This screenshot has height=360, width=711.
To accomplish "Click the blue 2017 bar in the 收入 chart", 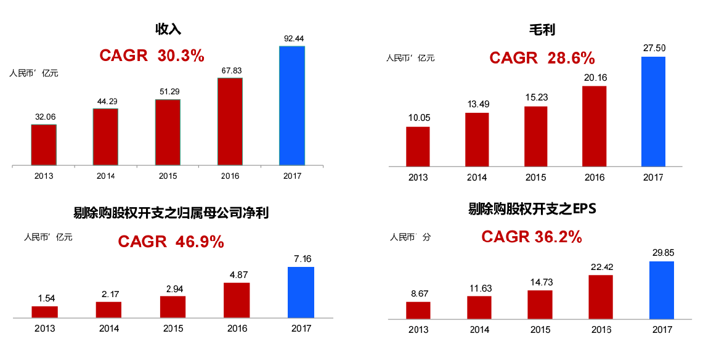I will (x=291, y=106).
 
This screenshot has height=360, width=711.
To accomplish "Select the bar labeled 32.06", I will (x=44, y=145).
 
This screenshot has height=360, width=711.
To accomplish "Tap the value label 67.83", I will (x=230, y=70).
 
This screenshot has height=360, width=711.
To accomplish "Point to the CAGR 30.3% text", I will (x=152, y=55).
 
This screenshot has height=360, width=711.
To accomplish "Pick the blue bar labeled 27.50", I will (x=653, y=112).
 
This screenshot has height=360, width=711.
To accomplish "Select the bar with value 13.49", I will (x=477, y=140).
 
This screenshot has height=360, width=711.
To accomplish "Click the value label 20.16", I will (x=594, y=77).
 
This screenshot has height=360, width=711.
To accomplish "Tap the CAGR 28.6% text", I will (x=542, y=58).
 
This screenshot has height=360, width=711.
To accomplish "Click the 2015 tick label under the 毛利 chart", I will (x=535, y=178).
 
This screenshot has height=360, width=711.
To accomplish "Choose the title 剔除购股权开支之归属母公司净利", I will (x=171, y=213).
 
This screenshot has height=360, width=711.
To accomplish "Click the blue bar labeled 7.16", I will (x=301, y=292).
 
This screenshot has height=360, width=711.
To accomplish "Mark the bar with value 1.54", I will (x=44, y=312).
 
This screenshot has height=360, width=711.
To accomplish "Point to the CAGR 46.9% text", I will (x=171, y=242).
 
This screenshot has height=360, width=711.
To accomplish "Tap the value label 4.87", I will (x=237, y=274).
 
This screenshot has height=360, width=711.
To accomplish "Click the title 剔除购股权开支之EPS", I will (x=532, y=209).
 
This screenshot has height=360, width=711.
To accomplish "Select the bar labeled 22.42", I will (x=601, y=297).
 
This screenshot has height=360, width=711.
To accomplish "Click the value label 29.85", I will (x=662, y=252).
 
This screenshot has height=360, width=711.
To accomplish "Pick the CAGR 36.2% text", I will (x=532, y=237).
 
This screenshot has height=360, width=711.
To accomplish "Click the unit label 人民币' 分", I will (x=410, y=237).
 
